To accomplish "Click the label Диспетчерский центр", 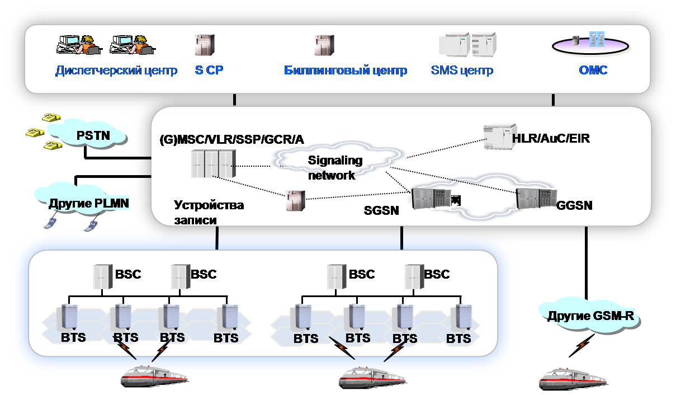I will point(116,71).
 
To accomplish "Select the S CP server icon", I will point(205,45).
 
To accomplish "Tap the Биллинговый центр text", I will point(346,71).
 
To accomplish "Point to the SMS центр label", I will point(462,71).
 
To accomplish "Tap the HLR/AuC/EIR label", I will point(551,138).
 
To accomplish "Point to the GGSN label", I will point(574,206).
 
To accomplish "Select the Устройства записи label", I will point(209,213).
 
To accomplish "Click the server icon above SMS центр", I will point(467,45).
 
